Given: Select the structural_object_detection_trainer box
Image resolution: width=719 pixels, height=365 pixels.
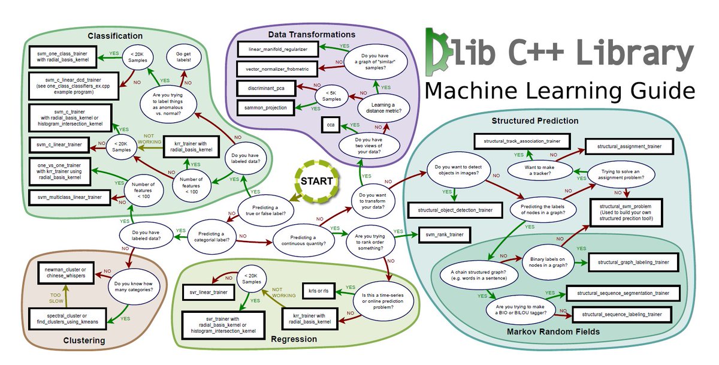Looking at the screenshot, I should coord(455,210).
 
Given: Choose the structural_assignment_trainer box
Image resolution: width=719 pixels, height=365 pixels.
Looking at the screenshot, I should coord(627,146).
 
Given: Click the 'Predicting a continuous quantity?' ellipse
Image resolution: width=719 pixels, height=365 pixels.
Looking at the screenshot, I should coord(303,239).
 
